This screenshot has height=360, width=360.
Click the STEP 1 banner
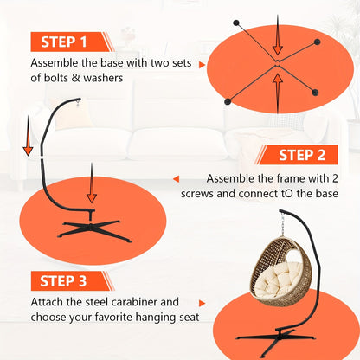pos(71,42)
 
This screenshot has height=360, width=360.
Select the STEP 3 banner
pos(71,281)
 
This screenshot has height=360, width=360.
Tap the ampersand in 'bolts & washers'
pos(75,78)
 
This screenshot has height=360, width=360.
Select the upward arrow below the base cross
pos(278,93)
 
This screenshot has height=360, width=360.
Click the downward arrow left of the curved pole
pos(28,136)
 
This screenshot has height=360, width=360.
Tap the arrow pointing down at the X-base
pos(92,183)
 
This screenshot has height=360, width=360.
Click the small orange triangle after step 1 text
pos(202,65)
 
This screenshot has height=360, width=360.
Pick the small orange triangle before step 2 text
pos(176,179)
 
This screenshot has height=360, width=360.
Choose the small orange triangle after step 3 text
pos(202,304)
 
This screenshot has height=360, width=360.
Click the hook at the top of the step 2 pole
pos(78,101)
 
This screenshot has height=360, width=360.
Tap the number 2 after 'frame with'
pos(335,178)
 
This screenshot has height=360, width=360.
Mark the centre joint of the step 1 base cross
pos(277,63)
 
